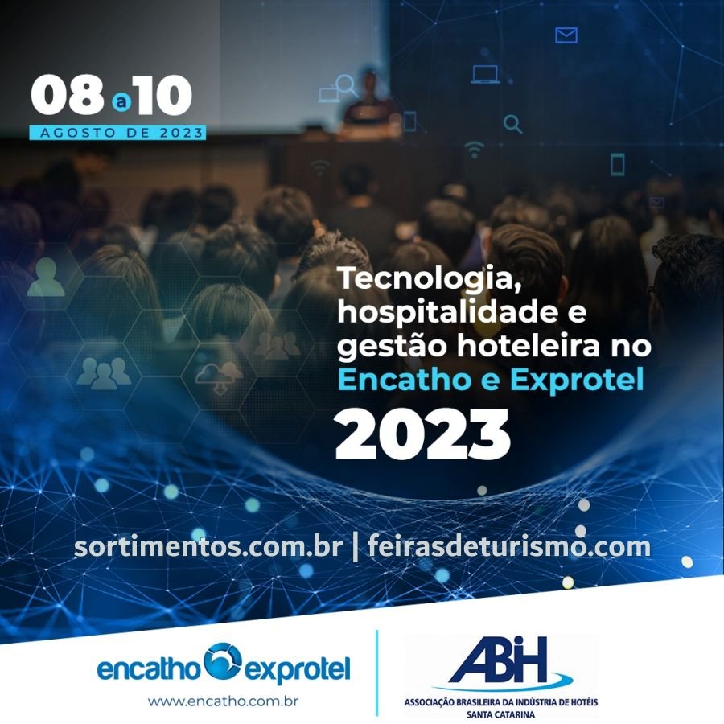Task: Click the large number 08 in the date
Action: pyautogui.click(x=68, y=95)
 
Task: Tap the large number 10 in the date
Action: pyautogui.click(x=162, y=95)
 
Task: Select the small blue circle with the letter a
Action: pyautogui.click(x=121, y=102)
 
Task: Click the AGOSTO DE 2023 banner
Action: pyautogui.click(x=117, y=133)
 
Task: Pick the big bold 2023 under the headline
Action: pyautogui.click(x=423, y=434)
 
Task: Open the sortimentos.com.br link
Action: pyautogui.click(x=208, y=547)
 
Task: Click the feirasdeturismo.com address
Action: pyautogui.click(x=509, y=546)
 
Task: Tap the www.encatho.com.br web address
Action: pyautogui.click(x=223, y=701)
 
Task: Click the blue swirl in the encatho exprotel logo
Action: pyautogui.click(x=223, y=660)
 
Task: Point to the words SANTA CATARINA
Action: pyautogui.click(x=501, y=714)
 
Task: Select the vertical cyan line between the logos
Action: pyautogui.click(x=376, y=673)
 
